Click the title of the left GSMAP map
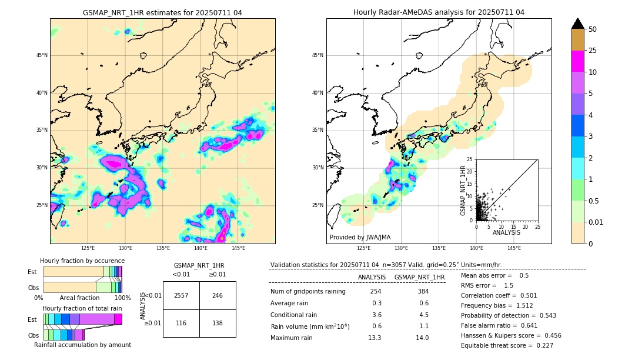click(x=162, y=12)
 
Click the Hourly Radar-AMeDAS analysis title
click(x=439, y=12)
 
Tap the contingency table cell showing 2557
click(x=181, y=295)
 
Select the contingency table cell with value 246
click(x=218, y=295)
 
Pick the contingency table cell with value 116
click(x=181, y=324)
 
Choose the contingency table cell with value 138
click(x=218, y=324)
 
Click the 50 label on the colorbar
click(x=593, y=29)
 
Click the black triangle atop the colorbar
click(x=578, y=24)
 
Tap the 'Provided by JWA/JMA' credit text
click(x=360, y=237)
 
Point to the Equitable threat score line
click(x=507, y=345)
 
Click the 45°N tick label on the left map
click(x=42, y=55)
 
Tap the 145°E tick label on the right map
click(x=514, y=248)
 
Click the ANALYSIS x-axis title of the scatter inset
click(x=506, y=232)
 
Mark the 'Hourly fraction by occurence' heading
click(x=82, y=261)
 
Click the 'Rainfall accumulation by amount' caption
click(x=82, y=345)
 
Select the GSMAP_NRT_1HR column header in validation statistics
click(x=419, y=277)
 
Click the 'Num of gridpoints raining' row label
click(x=308, y=292)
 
